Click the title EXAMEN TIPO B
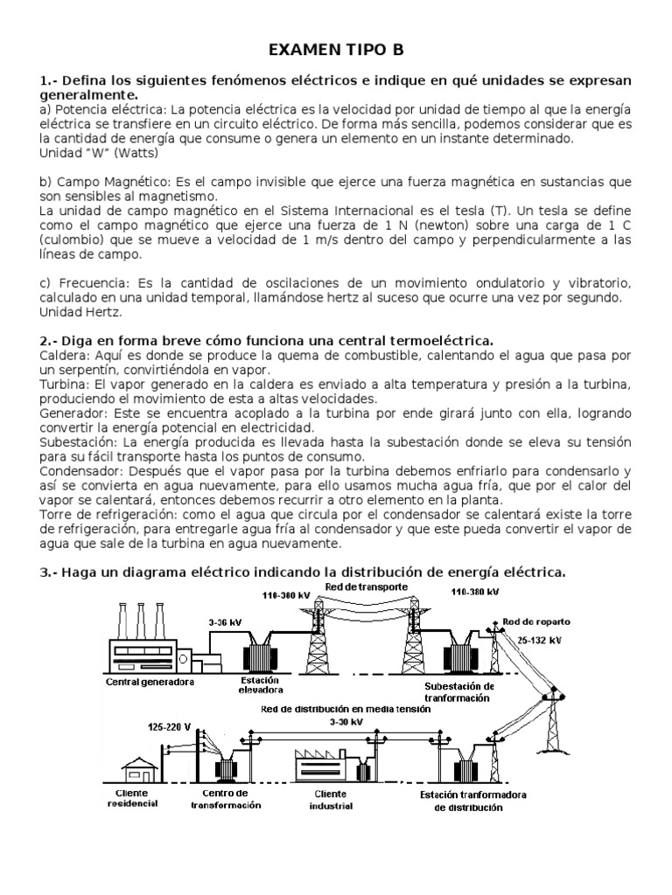click(336, 49)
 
